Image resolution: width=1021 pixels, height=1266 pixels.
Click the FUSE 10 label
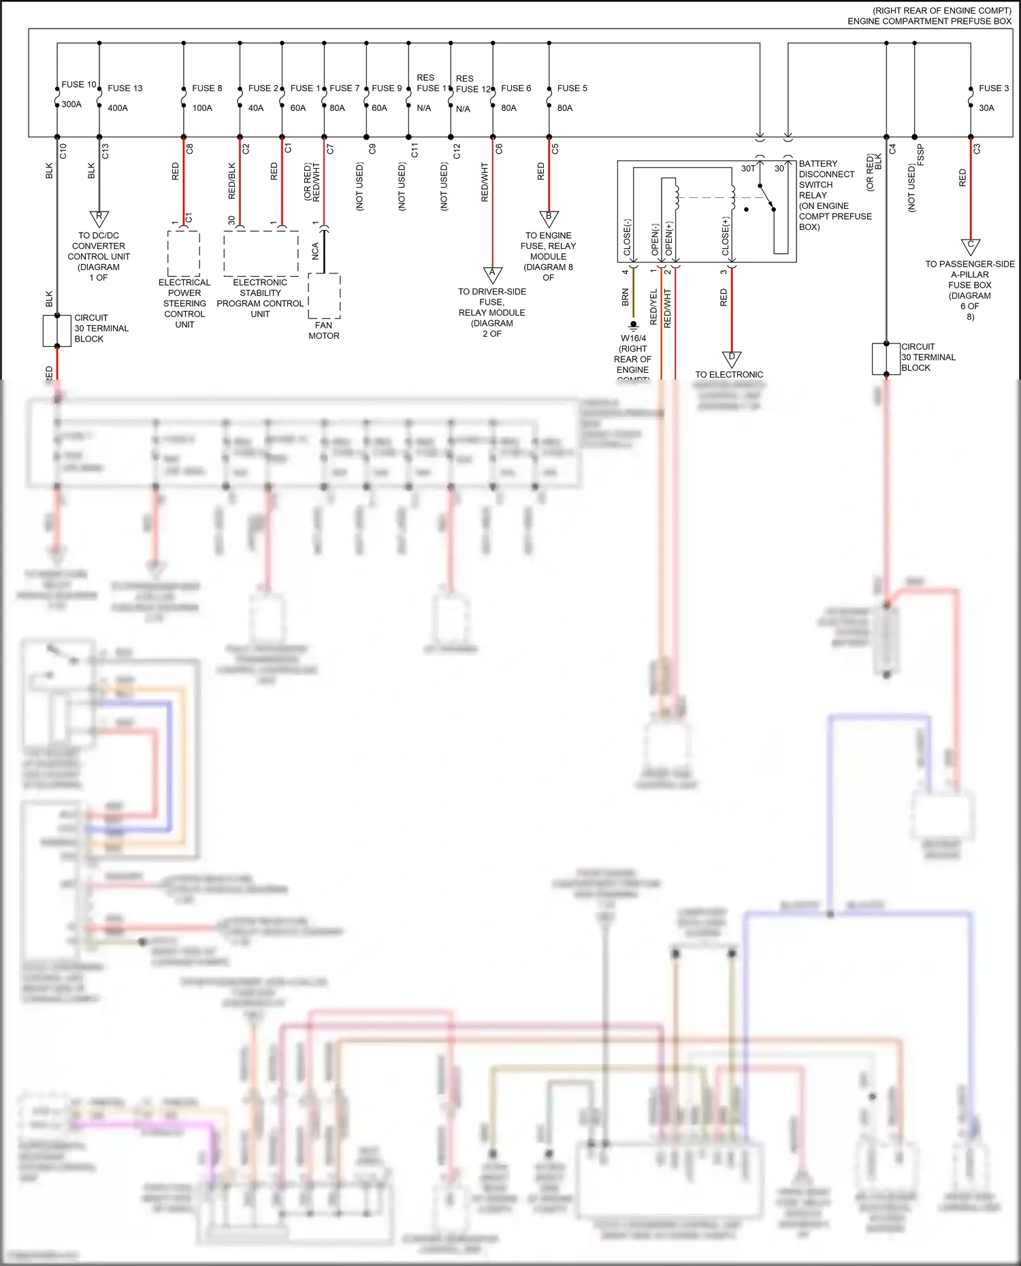[x=79, y=84]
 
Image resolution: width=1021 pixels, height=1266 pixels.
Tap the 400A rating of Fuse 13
[x=118, y=107]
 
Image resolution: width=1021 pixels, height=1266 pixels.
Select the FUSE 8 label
[x=207, y=88]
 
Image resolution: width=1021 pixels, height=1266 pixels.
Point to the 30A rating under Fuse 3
[x=986, y=107]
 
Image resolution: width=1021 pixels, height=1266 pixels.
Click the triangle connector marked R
[x=99, y=218]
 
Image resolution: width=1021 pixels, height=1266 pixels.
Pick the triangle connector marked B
[x=549, y=218]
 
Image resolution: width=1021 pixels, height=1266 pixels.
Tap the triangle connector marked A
[x=493, y=274]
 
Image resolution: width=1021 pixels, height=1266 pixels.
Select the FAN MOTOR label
[x=324, y=331]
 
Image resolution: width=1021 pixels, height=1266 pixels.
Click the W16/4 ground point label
[x=633, y=338]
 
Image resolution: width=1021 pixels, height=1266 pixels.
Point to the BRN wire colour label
[x=626, y=297]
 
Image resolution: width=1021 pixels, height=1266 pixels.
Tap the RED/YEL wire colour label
[x=654, y=305]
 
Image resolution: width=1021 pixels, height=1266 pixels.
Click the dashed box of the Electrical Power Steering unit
[x=184, y=253]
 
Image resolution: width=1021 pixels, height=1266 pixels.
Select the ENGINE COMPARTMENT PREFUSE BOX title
[x=929, y=21]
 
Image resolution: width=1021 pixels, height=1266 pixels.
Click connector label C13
[x=106, y=151]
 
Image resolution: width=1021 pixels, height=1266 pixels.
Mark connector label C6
[x=500, y=148]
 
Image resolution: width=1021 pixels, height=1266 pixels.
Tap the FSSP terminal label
[x=921, y=154]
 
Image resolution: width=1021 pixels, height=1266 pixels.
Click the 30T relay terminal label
[x=748, y=169]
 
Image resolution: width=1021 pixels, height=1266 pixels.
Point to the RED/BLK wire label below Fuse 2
[x=232, y=180]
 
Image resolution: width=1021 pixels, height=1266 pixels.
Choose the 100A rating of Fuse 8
[x=202, y=107]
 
